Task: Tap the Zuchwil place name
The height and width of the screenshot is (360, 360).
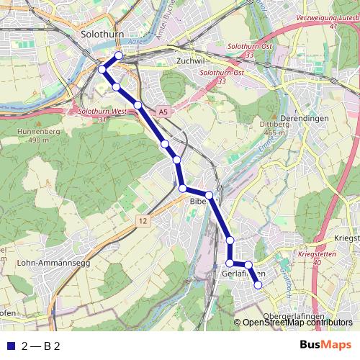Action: point(190,61)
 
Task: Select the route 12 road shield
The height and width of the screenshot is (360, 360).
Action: point(143,221)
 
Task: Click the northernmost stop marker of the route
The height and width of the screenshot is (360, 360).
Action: point(119,56)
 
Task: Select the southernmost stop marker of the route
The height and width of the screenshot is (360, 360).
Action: point(258,286)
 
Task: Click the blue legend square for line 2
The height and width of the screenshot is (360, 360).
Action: point(10,346)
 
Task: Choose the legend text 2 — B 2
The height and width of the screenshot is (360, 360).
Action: point(42,346)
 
